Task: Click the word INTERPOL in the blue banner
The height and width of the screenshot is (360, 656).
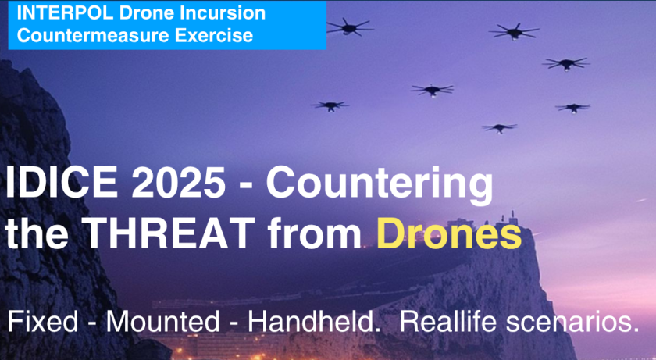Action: pyautogui.click(x=65, y=12)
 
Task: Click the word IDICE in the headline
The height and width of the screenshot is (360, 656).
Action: pyautogui.click(x=62, y=183)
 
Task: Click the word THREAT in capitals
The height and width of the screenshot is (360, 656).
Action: pyautogui.click(x=168, y=233)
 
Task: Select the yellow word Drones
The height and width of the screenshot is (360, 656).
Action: pyautogui.click(x=449, y=233)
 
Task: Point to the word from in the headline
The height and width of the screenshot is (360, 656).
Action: pyautogui.click(x=315, y=233)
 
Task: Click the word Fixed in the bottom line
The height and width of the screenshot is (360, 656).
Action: pyautogui.click(x=43, y=322)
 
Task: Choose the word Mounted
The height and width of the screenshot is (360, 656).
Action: pyautogui.click(x=162, y=322)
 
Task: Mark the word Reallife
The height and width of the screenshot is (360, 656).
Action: pyautogui.click(x=448, y=322)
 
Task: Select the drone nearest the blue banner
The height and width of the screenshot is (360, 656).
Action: pyautogui.click(x=349, y=27)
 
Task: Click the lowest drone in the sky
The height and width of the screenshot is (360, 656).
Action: pyautogui.click(x=499, y=128)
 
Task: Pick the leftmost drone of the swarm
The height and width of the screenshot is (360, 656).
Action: pyautogui.click(x=330, y=105)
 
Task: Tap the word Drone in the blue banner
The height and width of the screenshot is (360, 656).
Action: pyautogui.click(x=142, y=12)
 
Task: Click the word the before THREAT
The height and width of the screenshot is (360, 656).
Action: pyautogui.click(x=37, y=233)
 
